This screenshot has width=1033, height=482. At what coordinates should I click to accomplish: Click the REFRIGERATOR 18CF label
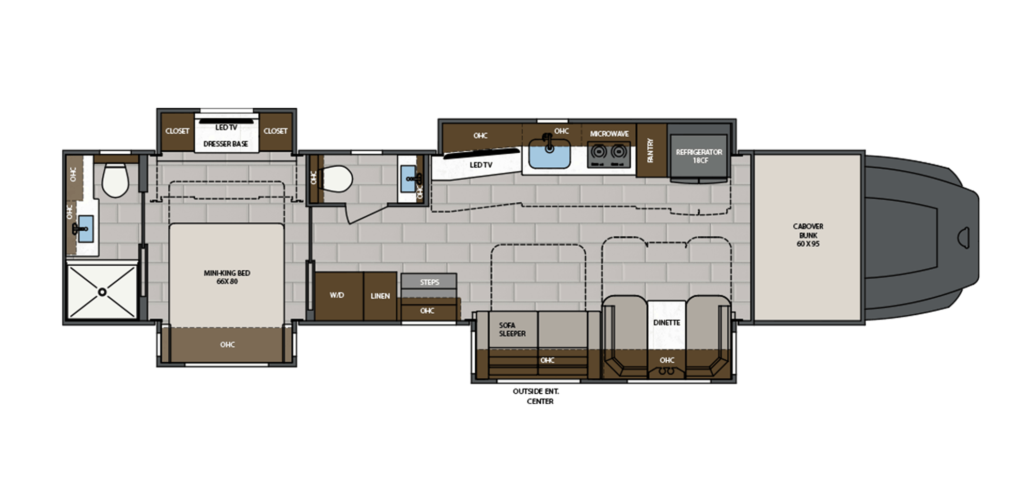pyautogui.click(x=699, y=156)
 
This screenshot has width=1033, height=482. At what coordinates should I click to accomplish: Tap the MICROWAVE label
pyautogui.click(x=609, y=134)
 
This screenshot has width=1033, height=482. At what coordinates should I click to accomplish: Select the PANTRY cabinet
pyautogui.click(x=651, y=150)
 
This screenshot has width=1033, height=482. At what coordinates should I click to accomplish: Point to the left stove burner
pyautogui.click(x=599, y=152)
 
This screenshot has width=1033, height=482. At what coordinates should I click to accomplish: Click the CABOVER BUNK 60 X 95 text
pyautogui.click(x=808, y=235)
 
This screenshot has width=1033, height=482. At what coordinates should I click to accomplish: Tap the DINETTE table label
pyautogui.click(x=666, y=323)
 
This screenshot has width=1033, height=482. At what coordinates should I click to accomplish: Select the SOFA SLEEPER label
pyautogui.click(x=512, y=329)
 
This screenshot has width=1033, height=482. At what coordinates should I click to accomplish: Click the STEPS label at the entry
pyautogui.click(x=429, y=282)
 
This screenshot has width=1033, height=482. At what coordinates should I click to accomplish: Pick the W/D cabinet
pyautogui.click(x=337, y=295)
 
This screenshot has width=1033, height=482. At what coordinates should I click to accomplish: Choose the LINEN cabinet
pyautogui.click(x=380, y=296)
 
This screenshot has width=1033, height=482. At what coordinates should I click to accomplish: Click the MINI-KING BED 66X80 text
pyautogui.click(x=227, y=277)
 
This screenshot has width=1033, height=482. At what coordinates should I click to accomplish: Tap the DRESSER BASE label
pyautogui.click(x=226, y=144)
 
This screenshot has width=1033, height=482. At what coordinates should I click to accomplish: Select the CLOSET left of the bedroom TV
pyautogui.click(x=177, y=131)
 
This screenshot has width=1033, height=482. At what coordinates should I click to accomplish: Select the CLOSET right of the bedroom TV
pyautogui.click(x=275, y=131)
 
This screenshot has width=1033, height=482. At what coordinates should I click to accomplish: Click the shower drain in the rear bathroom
pyautogui.click(x=103, y=292)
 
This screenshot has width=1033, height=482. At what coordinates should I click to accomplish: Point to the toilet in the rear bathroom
pyautogui.click(x=115, y=181)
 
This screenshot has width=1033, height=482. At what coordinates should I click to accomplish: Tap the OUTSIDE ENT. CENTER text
pyautogui.click(x=536, y=396)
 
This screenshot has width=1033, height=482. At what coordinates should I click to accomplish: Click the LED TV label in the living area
pyautogui.click(x=480, y=165)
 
